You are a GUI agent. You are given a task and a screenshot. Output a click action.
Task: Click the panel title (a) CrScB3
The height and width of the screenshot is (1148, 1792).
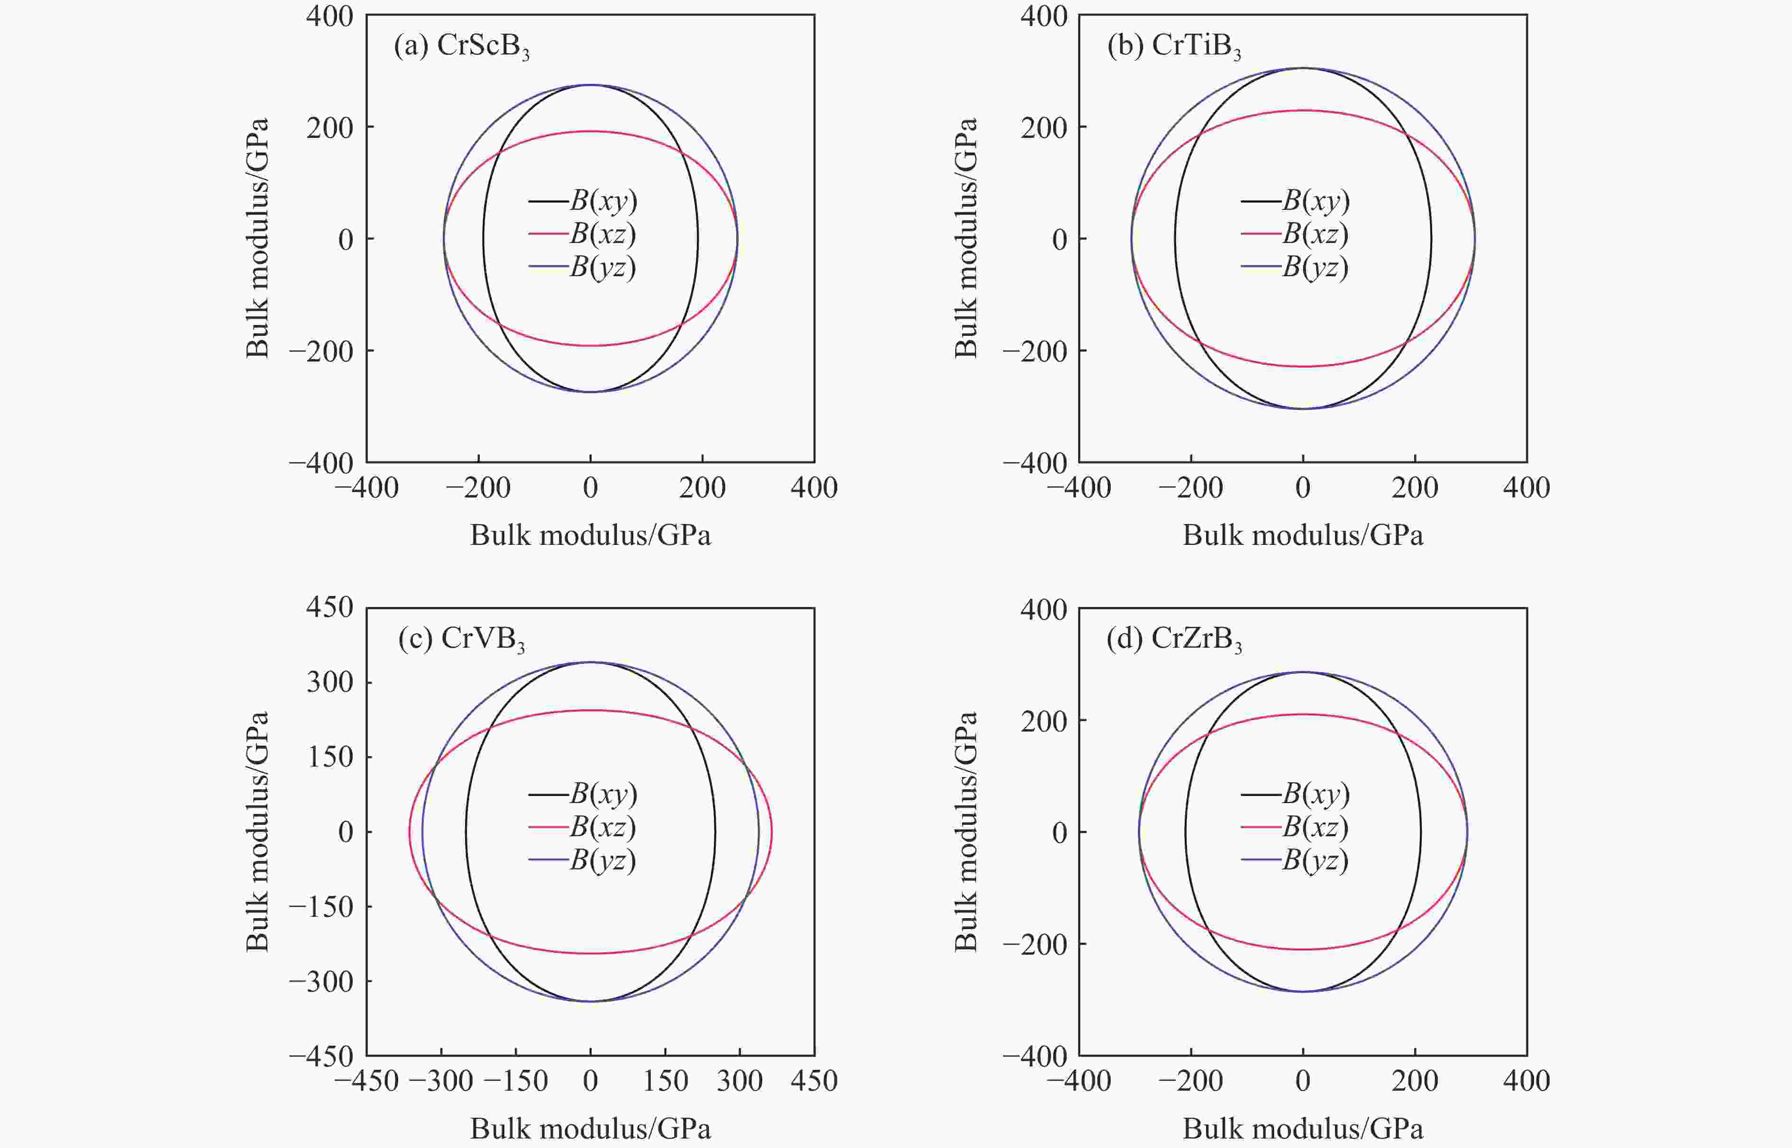(x=462, y=47)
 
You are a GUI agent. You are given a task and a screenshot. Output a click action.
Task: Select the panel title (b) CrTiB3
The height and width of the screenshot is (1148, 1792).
(x=1175, y=47)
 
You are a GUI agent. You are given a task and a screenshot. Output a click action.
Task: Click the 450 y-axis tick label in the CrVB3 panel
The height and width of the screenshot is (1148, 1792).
(x=329, y=607)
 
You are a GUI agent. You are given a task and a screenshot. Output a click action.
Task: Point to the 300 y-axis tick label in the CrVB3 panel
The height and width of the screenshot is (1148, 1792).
(x=329, y=682)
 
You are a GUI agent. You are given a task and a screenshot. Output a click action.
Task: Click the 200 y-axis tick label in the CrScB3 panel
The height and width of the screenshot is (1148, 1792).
(x=329, y=127)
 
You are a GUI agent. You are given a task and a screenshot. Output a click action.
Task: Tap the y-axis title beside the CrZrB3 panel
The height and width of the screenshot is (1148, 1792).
(x=966, y=831)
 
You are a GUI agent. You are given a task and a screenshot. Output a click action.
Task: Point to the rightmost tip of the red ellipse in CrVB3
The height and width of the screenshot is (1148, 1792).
(x=772, y=831)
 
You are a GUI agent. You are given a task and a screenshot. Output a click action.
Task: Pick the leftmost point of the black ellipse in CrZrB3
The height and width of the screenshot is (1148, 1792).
(x=1186, y=831)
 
